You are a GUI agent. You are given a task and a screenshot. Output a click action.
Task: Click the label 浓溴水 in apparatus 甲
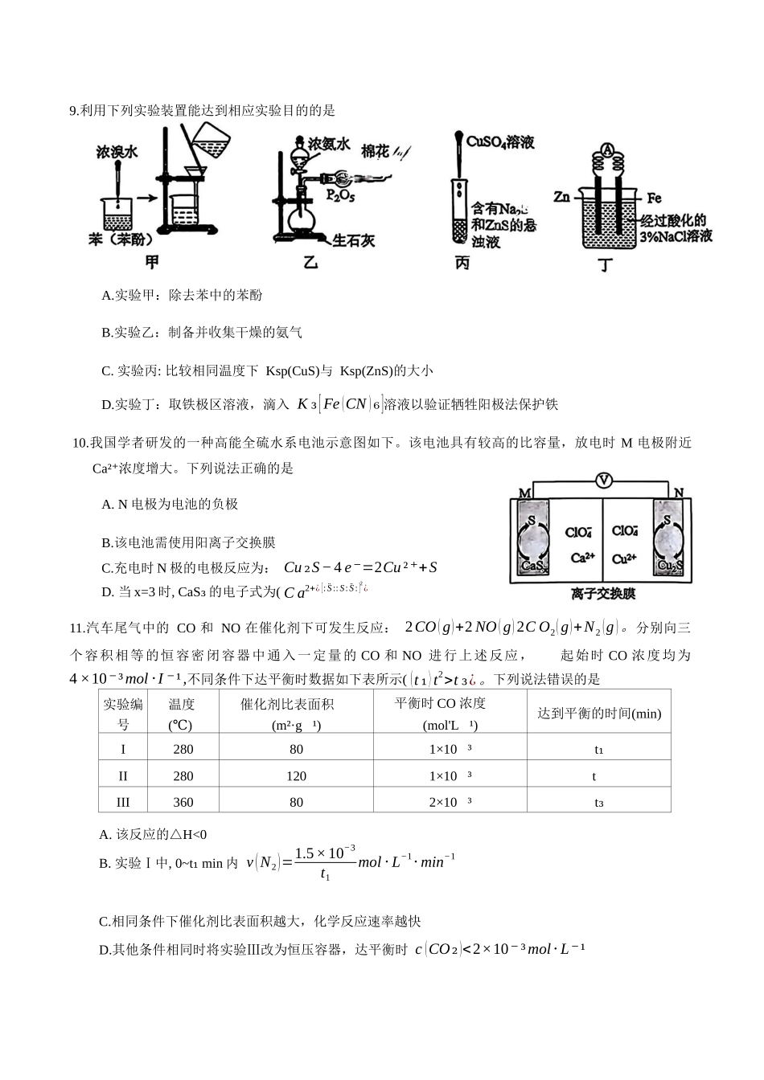pos(117,152)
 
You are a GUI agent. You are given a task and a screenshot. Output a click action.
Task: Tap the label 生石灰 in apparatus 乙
pos(354,240)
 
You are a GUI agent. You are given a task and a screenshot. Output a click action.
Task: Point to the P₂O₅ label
pos(340,195)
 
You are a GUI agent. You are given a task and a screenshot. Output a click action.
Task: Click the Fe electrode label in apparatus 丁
pos(653,197)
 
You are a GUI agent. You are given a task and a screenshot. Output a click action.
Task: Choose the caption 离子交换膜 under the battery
pos(603,594)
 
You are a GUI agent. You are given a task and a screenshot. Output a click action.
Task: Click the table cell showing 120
pos(296,775)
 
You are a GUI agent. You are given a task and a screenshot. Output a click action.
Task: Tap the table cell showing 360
pos(183,802)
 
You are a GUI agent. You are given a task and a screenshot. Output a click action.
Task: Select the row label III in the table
pos(123,802)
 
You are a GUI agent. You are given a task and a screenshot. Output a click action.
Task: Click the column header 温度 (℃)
pos(182,714)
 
